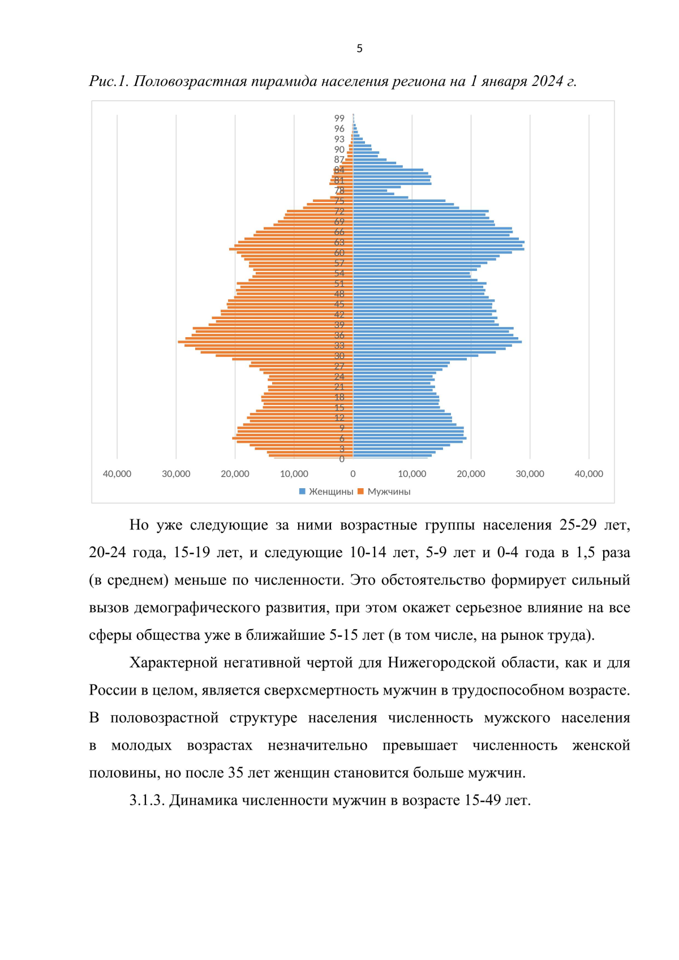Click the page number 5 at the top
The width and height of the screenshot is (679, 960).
coord(359,49)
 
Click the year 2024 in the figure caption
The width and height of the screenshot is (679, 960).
coord(547,81)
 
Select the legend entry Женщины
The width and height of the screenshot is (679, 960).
coord(330,492)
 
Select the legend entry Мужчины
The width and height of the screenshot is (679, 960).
coord(389,492)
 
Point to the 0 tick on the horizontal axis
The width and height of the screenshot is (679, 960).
coord(353,474)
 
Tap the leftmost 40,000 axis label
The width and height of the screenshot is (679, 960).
coord(117,474)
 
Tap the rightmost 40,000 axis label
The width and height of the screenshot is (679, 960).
coord(588,474)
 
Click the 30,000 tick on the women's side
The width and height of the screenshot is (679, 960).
coord(530,474)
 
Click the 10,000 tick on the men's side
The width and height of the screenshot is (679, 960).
coord(294,474)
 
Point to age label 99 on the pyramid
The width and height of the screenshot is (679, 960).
coord(339,118)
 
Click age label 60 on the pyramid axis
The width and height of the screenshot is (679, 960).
coord(339,253)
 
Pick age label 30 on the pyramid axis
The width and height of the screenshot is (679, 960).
coord(339,356)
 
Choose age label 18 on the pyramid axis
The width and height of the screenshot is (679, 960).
coord(339,397)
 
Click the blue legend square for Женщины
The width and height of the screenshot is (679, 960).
coord(302,492)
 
